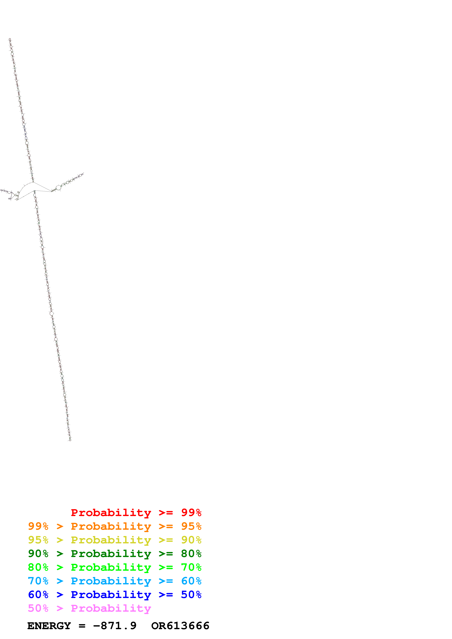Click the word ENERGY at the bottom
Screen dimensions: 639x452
point(49,626)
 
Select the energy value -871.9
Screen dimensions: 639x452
point(115,626)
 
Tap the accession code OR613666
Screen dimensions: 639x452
point(180,626)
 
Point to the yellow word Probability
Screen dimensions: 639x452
point(111,540)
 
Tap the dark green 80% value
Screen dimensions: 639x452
point(191,554)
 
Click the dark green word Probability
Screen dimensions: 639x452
point(111,554)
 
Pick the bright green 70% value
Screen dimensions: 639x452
point(191,567)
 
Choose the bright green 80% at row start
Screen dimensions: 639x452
point(38,567)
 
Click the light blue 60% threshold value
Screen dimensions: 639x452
point(191,581)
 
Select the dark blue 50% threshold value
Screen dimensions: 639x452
point(191,595)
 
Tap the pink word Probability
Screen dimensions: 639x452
point(111,608)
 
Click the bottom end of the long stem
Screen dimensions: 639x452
point(70,440)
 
